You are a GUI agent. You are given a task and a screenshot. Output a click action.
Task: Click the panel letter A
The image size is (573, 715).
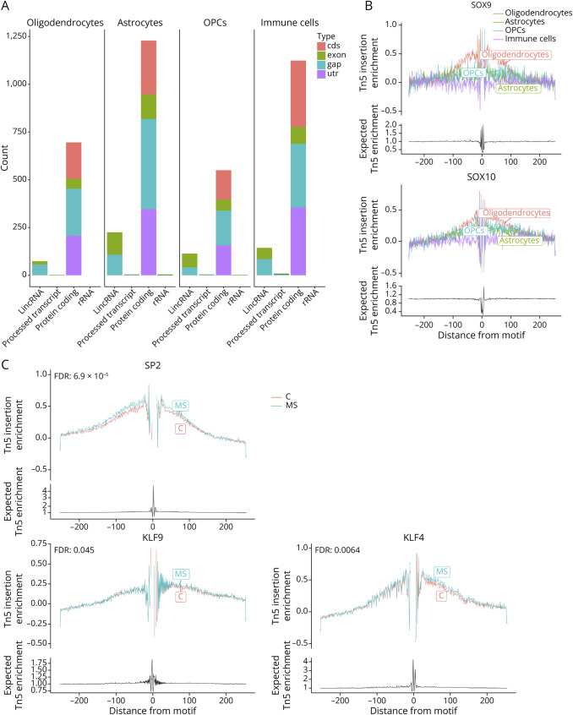point(7,7)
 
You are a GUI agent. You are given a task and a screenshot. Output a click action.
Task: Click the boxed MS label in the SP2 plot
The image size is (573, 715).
point(181,407)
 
